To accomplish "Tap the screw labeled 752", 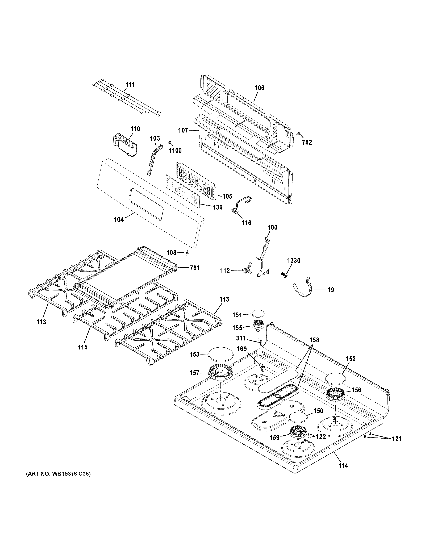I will (299, 134).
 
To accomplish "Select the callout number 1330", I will (294, 261).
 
